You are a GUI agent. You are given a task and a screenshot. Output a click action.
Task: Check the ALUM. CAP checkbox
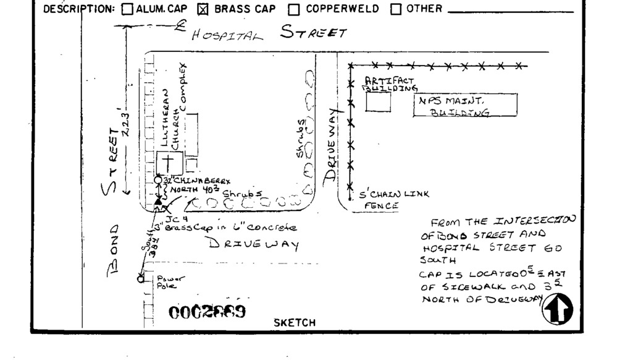tap(127, 9)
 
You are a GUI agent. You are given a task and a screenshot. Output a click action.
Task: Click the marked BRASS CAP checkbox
tap(203, 9)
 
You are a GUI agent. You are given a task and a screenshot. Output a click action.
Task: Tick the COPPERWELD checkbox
tap(294, 9)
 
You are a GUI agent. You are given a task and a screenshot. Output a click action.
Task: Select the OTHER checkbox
tap(395, 9)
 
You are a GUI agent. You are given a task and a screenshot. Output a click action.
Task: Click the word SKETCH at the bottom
tap(294, 322)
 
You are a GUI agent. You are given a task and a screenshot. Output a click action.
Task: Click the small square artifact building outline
tap(378, 101)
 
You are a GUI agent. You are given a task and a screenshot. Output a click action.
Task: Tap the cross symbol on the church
tap(166, 163)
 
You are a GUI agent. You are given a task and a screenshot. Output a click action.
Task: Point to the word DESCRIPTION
tap(80, 9)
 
